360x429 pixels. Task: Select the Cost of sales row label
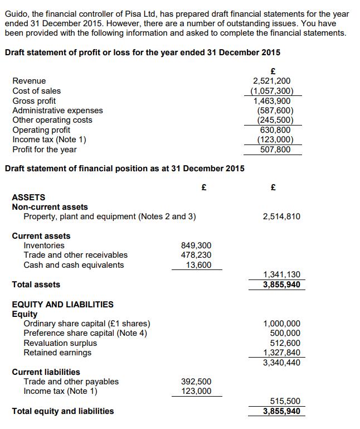37,91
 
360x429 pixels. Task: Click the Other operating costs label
52,120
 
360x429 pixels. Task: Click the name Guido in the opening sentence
16,13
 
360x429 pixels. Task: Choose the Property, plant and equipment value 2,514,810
281,216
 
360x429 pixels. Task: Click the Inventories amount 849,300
196,245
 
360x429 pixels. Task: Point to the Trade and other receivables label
75,255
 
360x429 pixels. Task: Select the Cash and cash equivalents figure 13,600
198,265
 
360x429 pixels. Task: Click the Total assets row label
36,285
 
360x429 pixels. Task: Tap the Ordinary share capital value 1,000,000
281,324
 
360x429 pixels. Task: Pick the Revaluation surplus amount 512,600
285,343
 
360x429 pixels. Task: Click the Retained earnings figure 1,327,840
281,353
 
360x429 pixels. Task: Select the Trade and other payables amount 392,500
196,382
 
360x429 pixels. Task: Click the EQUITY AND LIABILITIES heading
62,305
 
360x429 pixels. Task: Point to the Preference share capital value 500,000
285,333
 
